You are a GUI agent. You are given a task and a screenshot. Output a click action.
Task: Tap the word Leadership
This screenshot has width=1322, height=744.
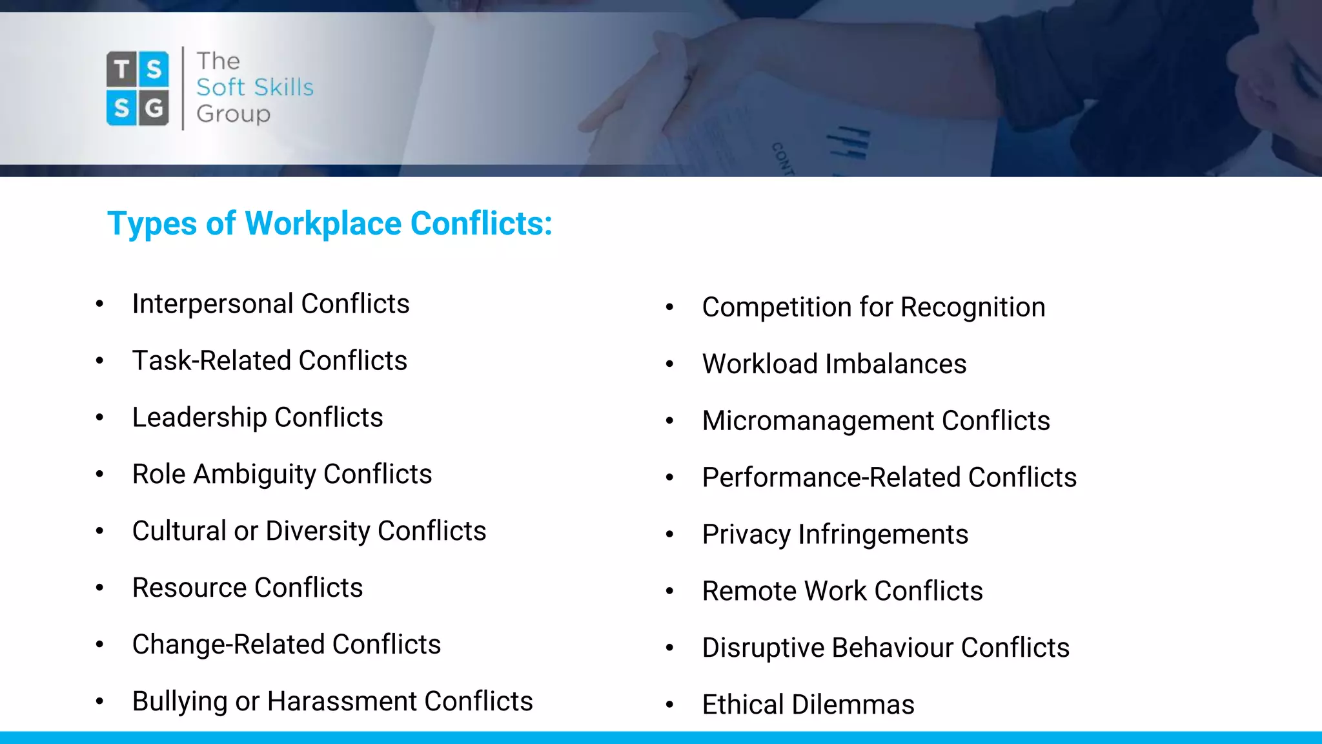pos(199,418)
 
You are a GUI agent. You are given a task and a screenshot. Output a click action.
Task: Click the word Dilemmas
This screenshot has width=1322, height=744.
pos(853,705)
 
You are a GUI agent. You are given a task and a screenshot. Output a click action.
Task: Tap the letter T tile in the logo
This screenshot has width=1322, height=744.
pos(121,68)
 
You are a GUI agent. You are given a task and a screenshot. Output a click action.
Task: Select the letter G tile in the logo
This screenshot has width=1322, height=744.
pos(154,108)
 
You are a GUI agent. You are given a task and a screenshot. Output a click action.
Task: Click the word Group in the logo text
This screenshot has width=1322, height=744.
pos(233,114)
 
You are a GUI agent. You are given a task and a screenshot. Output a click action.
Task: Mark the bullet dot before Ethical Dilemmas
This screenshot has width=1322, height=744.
pos(669,705)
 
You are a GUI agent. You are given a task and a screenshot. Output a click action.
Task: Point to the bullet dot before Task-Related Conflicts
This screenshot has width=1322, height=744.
pos(99,360)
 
